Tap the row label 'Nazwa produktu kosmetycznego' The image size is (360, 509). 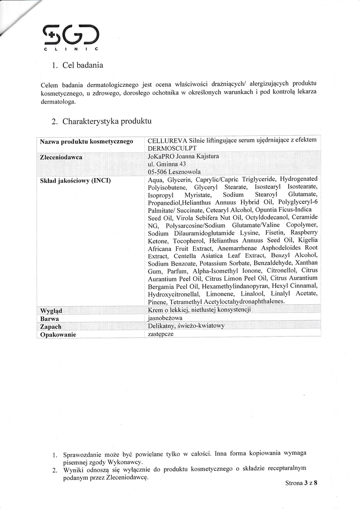[86, 141]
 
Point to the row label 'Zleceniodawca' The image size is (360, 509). [61, 157]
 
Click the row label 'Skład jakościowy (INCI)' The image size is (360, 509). [75, 180]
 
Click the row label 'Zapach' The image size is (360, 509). [51, 327]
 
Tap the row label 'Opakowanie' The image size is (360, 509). [58, 335]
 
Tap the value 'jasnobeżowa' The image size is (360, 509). [165, 318]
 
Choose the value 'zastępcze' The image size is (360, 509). [161, 334]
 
